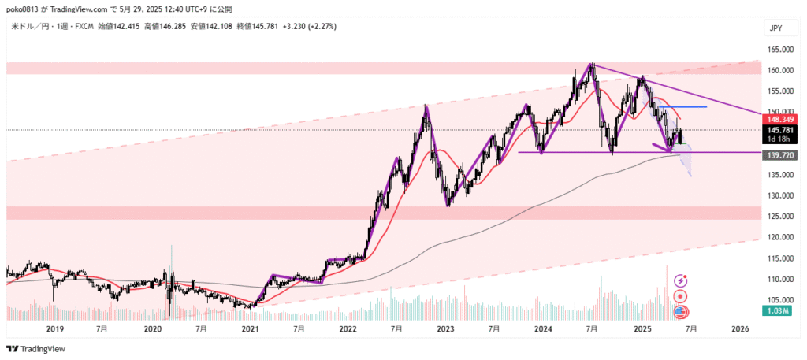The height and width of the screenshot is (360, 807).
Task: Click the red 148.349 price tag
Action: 778,118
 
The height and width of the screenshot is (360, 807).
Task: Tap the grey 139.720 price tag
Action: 778,156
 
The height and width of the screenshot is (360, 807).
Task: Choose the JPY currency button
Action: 776,28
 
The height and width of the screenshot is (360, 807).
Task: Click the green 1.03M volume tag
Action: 778,313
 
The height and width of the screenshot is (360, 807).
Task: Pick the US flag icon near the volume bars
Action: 679,311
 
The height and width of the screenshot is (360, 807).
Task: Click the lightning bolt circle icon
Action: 679,280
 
